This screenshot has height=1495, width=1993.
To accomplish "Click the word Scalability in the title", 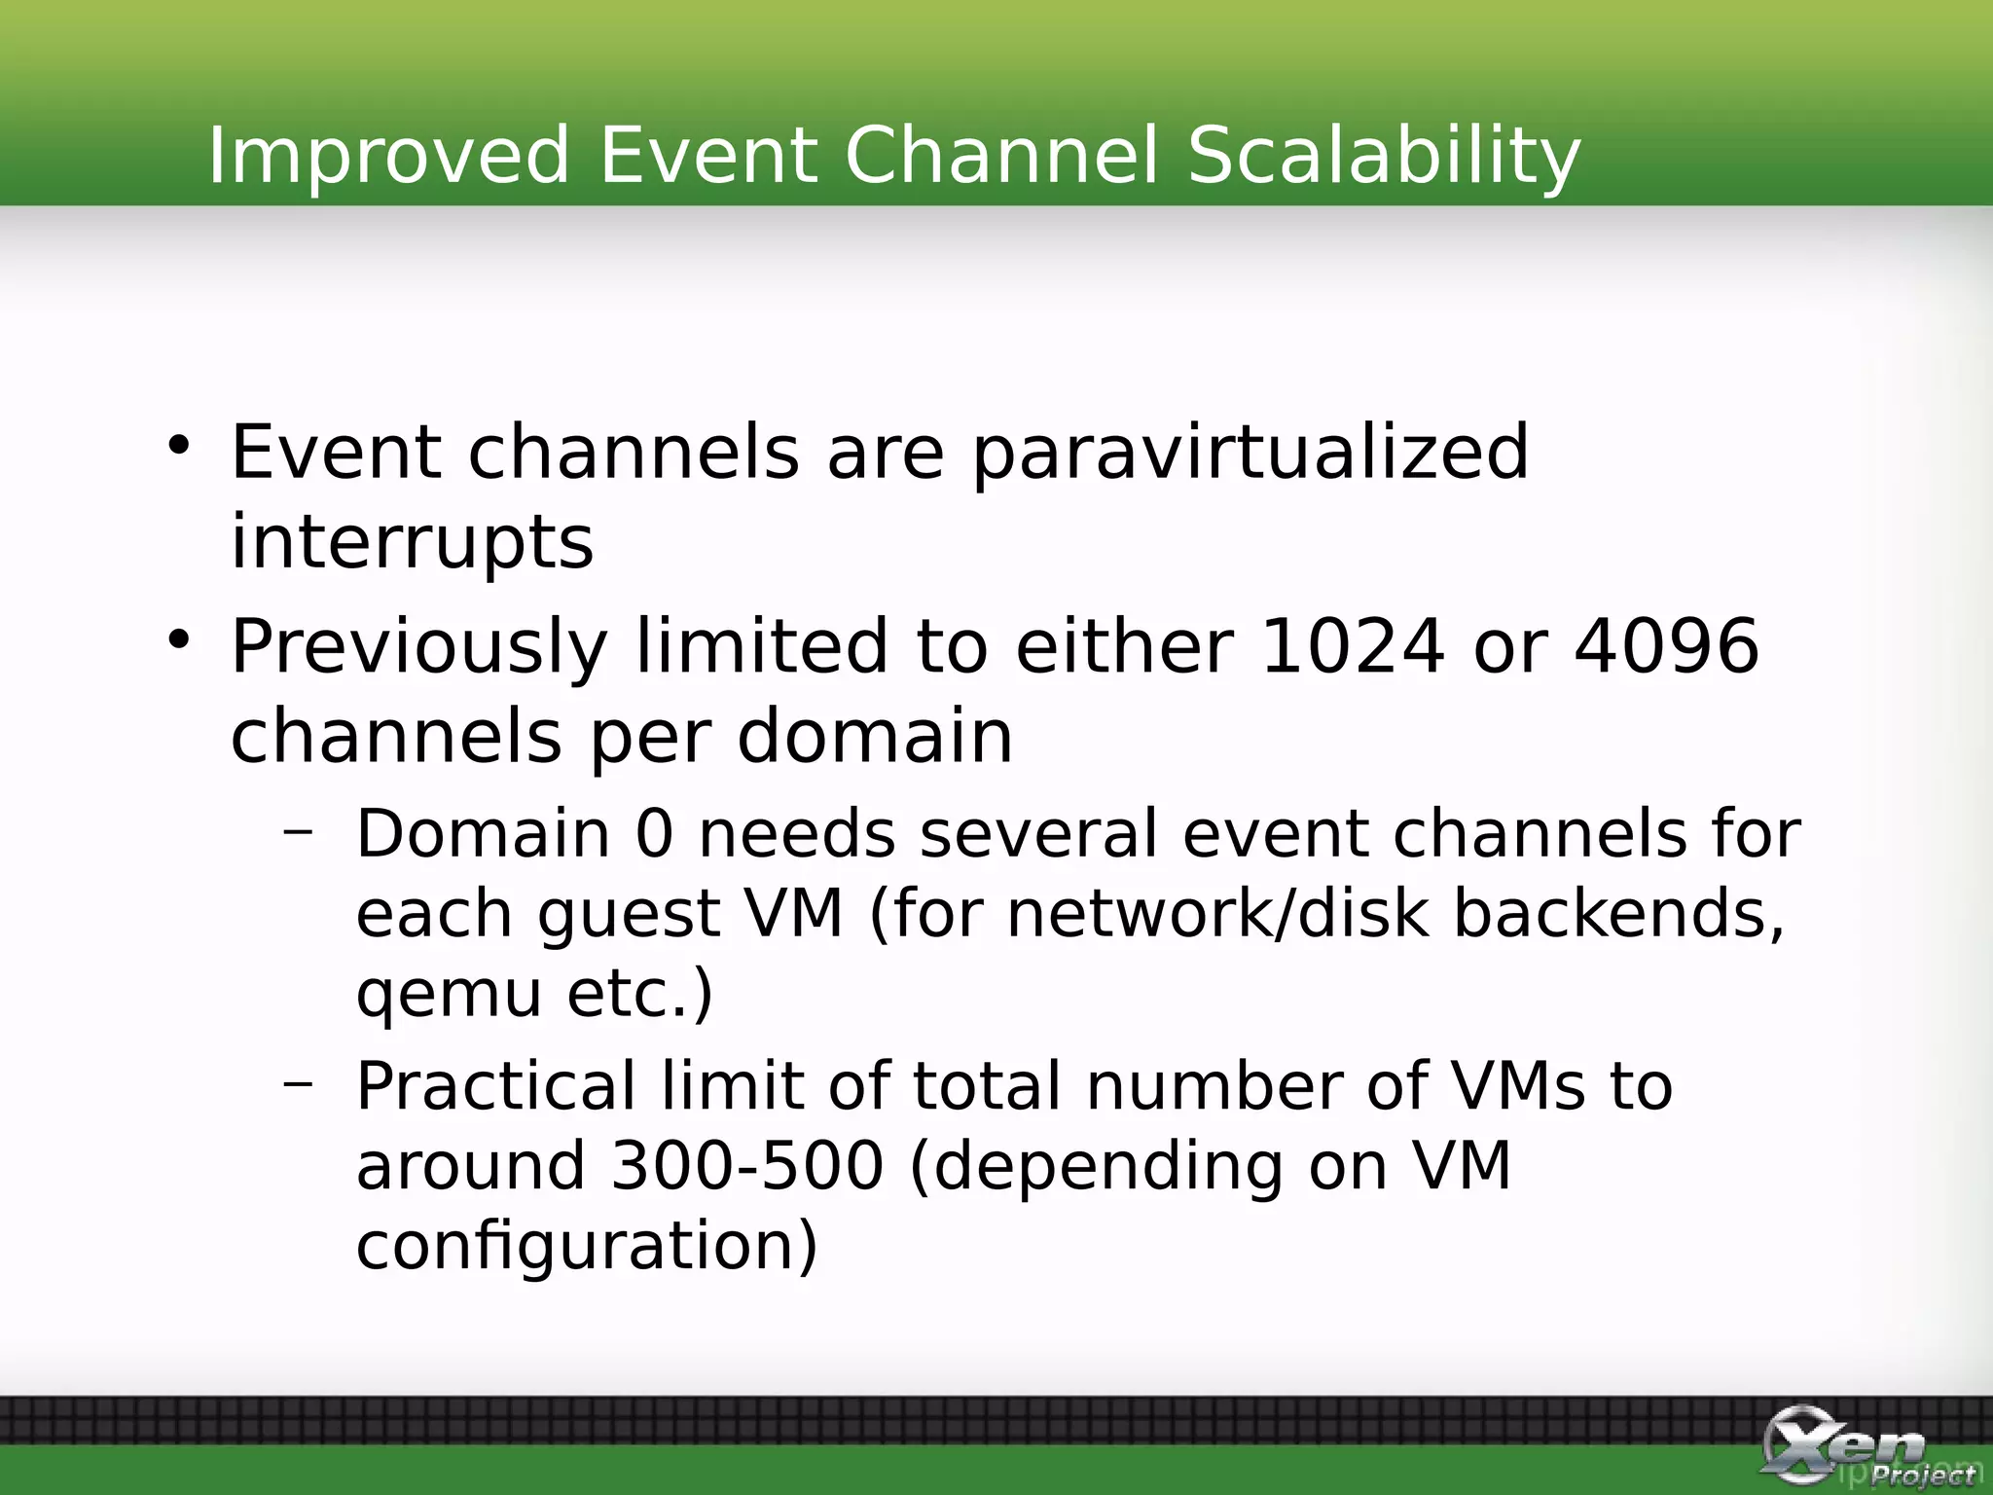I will point(1384,156).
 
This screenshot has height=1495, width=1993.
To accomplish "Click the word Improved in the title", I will point(388,156).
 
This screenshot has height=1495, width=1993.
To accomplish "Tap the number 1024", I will point(1352,645).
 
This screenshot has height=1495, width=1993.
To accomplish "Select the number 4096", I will point(1667,645).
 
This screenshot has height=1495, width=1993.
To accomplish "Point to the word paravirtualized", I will point(1250,454).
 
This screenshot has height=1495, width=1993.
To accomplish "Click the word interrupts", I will point(412,541).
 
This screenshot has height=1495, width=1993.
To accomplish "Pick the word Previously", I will point(419,647).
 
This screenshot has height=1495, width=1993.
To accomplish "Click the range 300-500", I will point(747,1166).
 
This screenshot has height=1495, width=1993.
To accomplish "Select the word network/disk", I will point(1216,914).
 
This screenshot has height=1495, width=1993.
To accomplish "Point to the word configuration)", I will point(587,1246).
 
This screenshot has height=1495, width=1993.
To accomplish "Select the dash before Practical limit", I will point(298,1082).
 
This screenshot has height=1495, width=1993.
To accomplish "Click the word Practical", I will point(495,1086).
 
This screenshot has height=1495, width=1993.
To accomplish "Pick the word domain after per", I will point(875,737).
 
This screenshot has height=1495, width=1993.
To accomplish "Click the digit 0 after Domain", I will point(654,835).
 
